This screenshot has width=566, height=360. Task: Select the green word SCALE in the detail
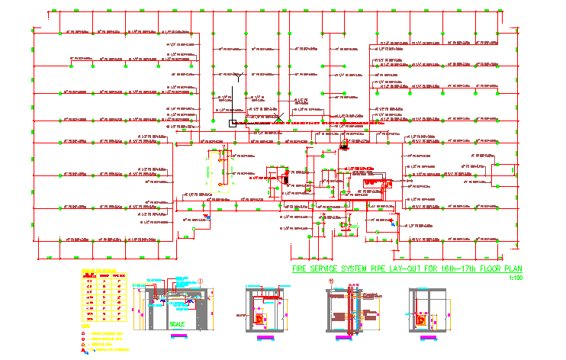pyautogui.click(x=177, y=323)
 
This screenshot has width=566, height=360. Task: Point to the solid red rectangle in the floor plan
pyautogui.click(x=375, y=183)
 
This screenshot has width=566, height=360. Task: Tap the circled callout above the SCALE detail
pyautogui.click(x=199, y=281)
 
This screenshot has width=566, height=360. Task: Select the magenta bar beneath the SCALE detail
pyautogui.click(x=176, y=336)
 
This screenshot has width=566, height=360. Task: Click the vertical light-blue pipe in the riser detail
pyautogui.click(x=355, y=309)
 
